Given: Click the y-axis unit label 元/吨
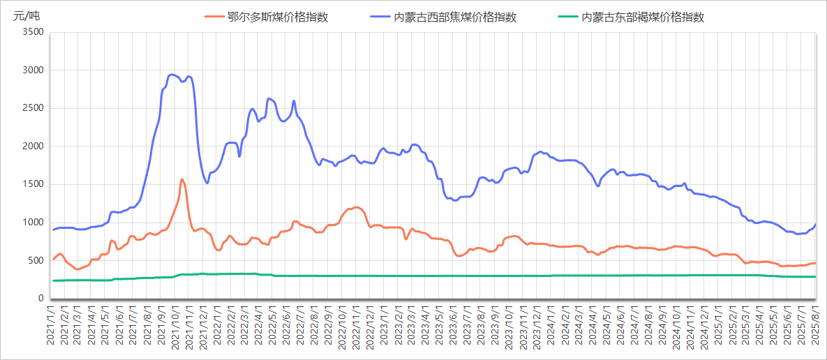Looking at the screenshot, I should point(27,15).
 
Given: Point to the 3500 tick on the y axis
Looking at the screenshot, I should point(33,32).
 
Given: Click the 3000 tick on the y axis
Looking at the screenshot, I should point(33,70).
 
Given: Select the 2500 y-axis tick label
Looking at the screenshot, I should point(33,108).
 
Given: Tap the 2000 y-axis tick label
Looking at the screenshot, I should point(33,147).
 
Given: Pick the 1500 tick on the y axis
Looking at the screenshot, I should point(33,184).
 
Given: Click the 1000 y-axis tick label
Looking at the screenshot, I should point(33,223).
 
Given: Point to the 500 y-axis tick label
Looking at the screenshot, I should point(36,261).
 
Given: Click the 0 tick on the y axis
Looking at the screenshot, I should point(40,299).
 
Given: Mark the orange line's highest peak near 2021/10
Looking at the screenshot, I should point(181,179).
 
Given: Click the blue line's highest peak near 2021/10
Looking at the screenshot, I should point(172,74).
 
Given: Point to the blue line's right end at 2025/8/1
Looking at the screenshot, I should point(815,225).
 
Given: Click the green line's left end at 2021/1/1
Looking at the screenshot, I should point(53,280).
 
